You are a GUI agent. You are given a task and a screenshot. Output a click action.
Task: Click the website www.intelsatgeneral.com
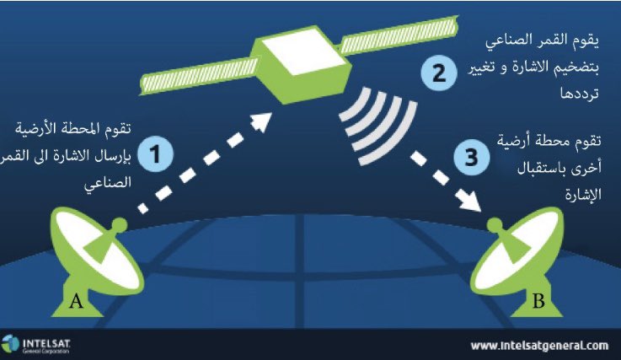click(x=539, y=345)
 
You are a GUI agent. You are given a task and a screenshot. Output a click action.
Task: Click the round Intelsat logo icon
click(x=11, y=344)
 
